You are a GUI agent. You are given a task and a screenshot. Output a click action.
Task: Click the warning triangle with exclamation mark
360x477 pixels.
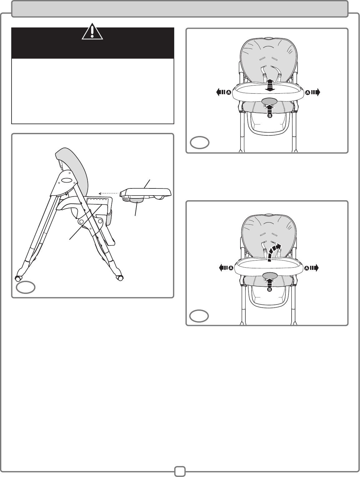tap(92, 32)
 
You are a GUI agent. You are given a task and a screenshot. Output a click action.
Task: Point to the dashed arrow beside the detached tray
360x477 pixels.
tap(108, 193)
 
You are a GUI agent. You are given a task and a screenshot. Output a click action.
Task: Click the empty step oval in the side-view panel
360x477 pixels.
tap(26, 287)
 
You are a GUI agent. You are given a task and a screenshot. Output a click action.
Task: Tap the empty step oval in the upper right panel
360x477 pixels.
tap(200, 143)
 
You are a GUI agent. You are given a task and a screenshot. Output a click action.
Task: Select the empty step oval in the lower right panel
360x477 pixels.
tap(199, 316)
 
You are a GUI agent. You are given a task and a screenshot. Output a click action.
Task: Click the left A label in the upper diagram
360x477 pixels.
tap(229, 92)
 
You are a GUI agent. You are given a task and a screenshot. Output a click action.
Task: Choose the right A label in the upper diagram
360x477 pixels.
tap(308, 93)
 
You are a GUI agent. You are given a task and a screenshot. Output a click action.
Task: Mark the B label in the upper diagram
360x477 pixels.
tap(269, 116)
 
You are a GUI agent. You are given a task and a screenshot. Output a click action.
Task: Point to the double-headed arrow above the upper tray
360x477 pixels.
tap(270, 85)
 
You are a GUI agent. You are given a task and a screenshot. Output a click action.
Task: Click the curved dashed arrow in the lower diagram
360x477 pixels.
tap(274, 252)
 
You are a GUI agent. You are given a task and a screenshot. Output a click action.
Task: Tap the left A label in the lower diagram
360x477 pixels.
tap(231, 268)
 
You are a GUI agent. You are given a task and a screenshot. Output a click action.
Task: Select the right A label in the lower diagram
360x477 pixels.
tap(307, 268)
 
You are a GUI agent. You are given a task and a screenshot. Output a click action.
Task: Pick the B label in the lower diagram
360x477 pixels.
tap(269, 290)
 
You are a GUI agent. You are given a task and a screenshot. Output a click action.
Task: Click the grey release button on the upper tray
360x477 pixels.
tap(269, 101)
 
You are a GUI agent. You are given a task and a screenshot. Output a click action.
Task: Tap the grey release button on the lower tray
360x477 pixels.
tap(269, 276)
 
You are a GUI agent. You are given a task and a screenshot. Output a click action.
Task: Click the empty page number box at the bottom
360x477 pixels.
tap(180, 471)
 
